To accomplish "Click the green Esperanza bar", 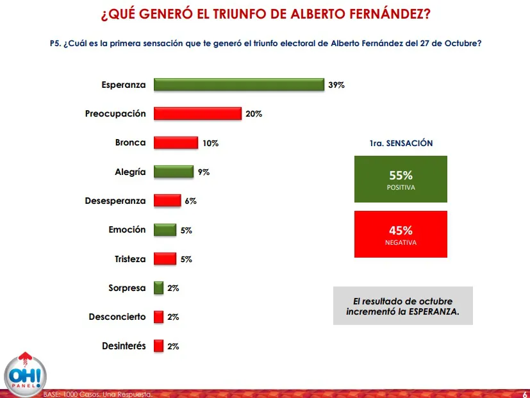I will pyautogui.click(x=238, y=85).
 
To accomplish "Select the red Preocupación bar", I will pyautogui.click(x=197, y=113).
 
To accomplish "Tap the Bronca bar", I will pyautogui.click(x=176, y=143).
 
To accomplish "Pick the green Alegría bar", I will pyautogui.click(x=173, y=172).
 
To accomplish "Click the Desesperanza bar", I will pyautogui.click(x=167, y=201).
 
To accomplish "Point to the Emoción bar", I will pyautogui.click(x=165, y=229).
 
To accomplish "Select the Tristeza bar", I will pyautogui.click(x=165, y=259).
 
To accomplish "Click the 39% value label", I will pyautogui.click(x=336, y=85).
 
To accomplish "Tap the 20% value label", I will pyautogui.click(x=254, y=114).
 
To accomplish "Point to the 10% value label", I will pyautogui.click(x=210, y=144).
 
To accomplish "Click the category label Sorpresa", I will pyautogui.click(x=127, y=288).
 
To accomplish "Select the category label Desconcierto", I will pyautogui.click(x=117, y=317).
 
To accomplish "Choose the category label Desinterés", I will pyautogui.click(x=124, y=346).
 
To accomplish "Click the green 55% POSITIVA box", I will pyautogui.click(x=401, y=179).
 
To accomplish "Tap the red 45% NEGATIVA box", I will pyautogui.click(x=401, y=234).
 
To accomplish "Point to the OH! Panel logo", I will pyautogui.click(x=26, y=375).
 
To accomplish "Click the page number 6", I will pyautogui.click(x=525, y=394).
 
